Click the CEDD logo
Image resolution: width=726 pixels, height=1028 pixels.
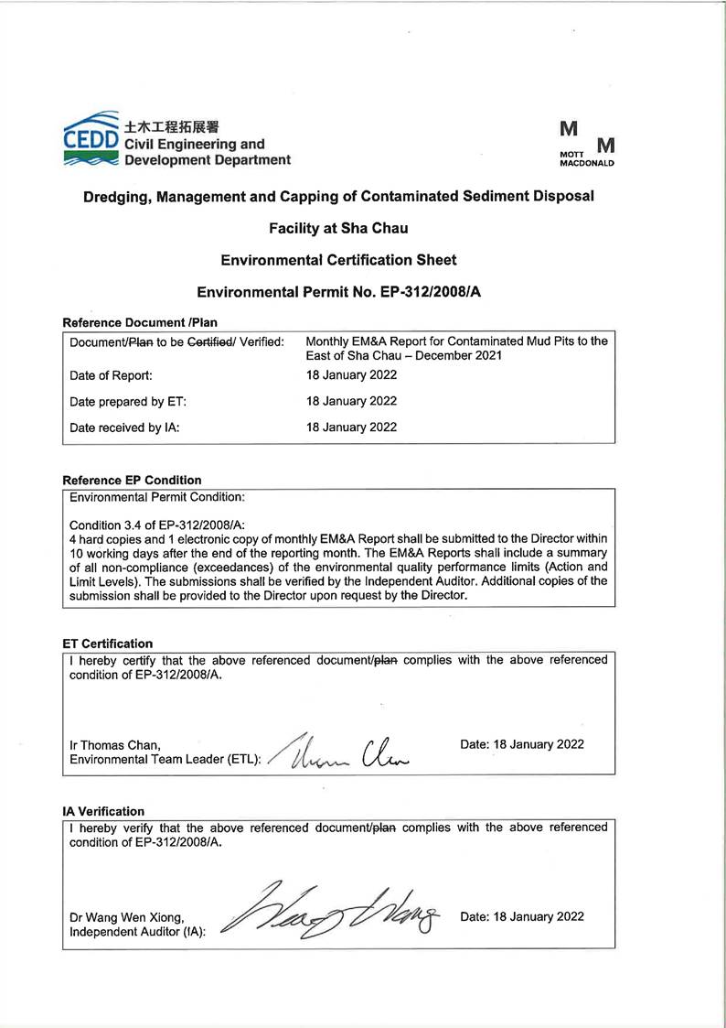pos(90,139)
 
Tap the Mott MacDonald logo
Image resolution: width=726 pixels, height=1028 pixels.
pos(586,145)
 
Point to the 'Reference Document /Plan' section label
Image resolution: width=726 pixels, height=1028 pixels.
pos(140,322)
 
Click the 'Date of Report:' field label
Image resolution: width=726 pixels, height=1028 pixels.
pos(111,375)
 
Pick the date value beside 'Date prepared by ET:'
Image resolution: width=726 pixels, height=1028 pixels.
pos(352,401)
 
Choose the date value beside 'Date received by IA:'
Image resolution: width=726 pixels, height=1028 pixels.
pos(352,427)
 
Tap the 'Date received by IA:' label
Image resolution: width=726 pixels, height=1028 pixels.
pos(124,427)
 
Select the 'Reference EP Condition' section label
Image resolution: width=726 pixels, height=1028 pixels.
pos(132,480)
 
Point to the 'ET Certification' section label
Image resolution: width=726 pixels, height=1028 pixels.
pos(107,644)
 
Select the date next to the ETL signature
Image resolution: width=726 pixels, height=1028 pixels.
pos(522,745)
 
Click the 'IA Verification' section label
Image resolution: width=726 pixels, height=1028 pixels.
pos(103,811)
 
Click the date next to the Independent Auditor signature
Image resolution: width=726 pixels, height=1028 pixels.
pos(522,916)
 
